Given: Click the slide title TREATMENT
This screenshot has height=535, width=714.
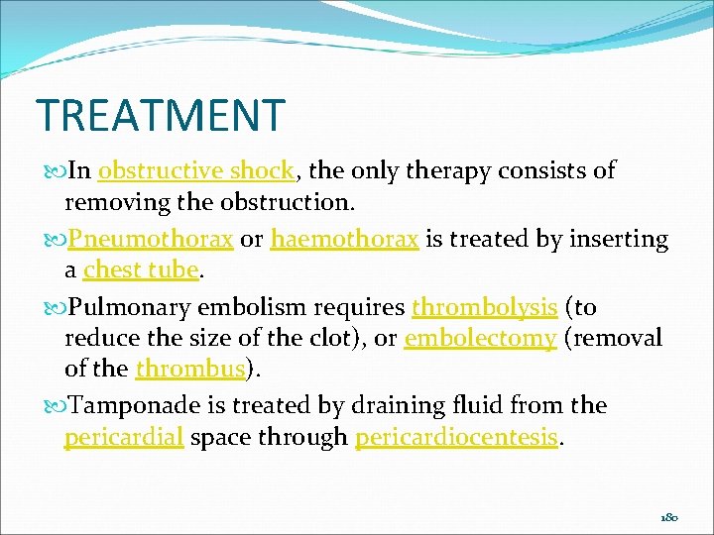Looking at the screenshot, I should click(160, 115).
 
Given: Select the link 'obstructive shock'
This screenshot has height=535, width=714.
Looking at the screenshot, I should click(196, 171).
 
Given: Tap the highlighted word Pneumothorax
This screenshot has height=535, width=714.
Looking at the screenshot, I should click(150, 240).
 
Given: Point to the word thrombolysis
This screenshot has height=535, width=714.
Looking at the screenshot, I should click(484, 308).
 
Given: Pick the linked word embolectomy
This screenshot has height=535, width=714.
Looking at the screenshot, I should click(480, 339).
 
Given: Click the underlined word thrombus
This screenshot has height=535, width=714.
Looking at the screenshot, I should click(189, 370).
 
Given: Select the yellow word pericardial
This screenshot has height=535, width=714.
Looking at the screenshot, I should click(124, 437).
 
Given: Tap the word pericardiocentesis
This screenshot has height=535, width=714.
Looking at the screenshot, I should click(456, 437).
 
